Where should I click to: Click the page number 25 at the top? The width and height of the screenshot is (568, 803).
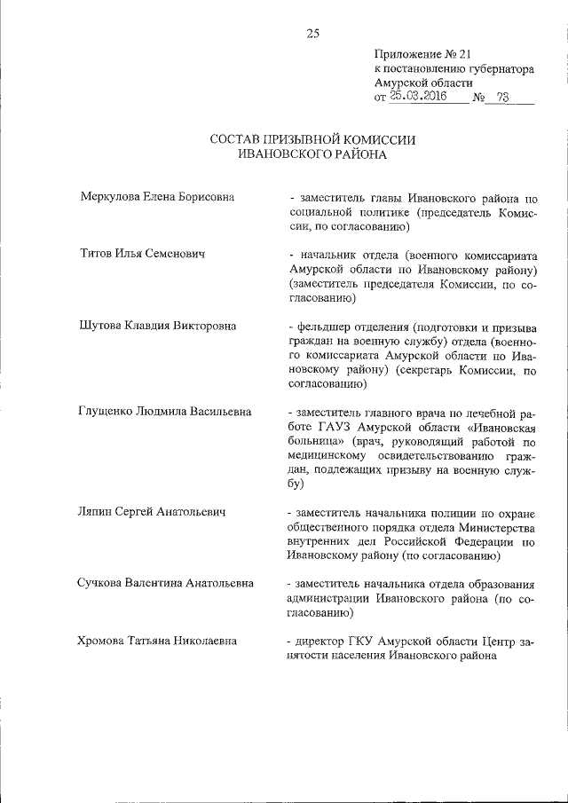pos(312,34)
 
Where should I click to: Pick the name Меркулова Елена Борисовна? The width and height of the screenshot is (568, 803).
pos(152,197)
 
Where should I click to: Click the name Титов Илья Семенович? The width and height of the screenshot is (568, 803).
pos(143,255)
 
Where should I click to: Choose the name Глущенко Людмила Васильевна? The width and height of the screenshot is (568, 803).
pos(166,412)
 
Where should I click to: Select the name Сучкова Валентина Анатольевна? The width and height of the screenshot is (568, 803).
pos(167,584)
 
